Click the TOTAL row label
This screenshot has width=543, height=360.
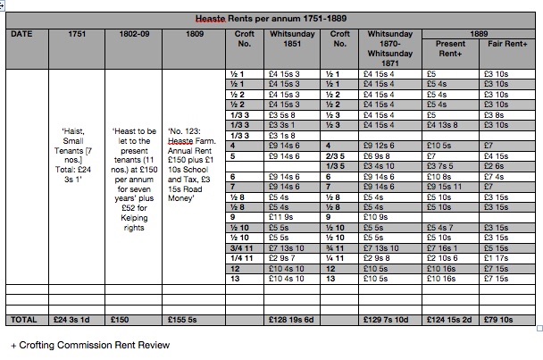(x=25, y=318)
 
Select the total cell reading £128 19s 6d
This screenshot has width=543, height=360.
(x=286, y=318)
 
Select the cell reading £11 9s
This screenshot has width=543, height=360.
(x=282, y=215)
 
